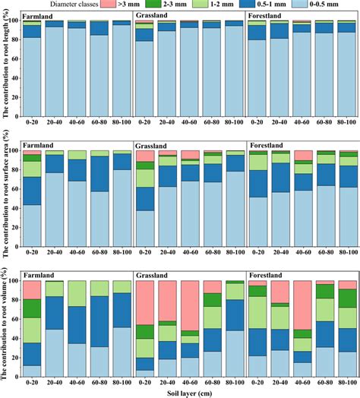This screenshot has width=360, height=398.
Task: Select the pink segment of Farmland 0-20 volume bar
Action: pos(32,289)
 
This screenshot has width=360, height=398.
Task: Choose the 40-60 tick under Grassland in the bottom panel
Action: pos(190,382)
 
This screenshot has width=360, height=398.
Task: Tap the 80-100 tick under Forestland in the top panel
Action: pos(346,122)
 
